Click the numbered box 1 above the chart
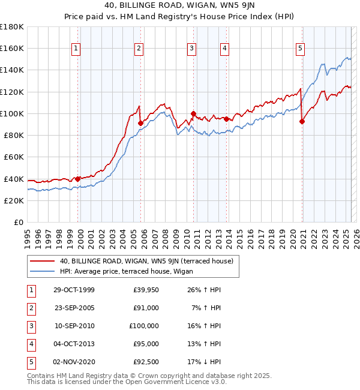coord(77,49)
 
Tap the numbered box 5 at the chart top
coord(300,49)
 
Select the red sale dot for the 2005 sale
coord(140,124)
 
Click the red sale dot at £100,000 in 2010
coord(193,113)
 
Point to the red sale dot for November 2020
coord(302,122)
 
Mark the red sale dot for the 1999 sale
coord(78,179)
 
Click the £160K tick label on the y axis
coord(12,49)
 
